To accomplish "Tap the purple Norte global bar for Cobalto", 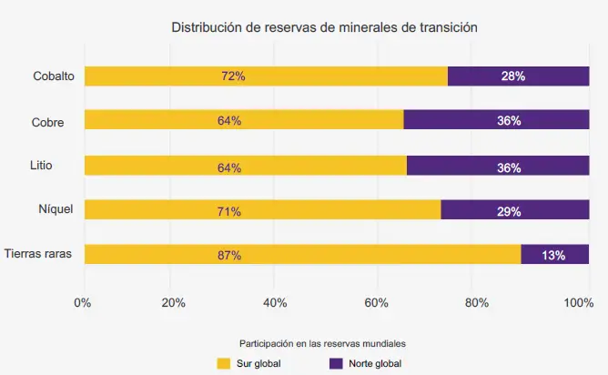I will click(x=519, y=76).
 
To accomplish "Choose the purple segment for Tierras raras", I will click(x=555, y=255).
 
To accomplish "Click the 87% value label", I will click(x=229, y=256).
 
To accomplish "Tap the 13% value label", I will click(x=553, y=256).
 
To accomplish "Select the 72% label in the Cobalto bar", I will click(x=233, y=76).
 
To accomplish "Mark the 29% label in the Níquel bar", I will click(x=509, y=211).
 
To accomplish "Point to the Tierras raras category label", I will click(x=39, y=254).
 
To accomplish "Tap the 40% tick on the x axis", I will click(x=275, y=303).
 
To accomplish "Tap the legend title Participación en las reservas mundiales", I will click(x=321, y=344).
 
